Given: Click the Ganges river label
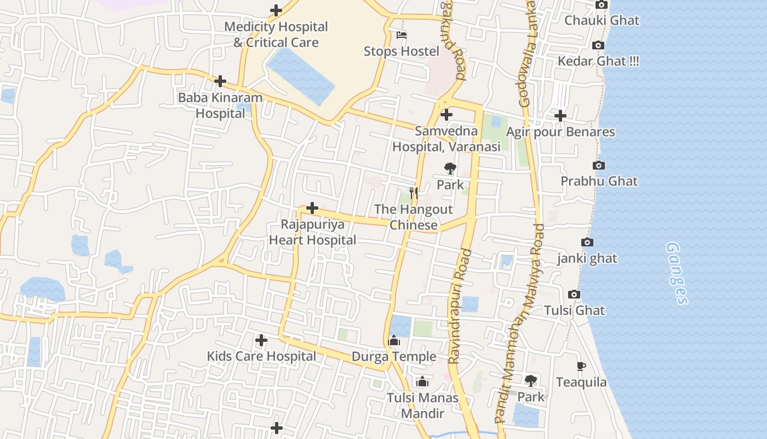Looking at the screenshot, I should pos(677,273).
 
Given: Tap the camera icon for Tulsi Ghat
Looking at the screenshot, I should pos(574,295).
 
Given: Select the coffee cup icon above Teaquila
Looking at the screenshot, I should pos(581,366).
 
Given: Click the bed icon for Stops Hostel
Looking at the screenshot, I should pos(402,36).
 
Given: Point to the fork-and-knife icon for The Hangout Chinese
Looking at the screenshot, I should pos(414,193).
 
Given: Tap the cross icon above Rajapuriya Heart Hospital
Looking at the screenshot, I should pos(312,208).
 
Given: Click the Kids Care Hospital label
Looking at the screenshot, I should pos(261,356).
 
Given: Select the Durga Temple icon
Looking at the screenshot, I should pos(394,341).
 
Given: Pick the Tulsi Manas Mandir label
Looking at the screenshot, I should pos(422,405).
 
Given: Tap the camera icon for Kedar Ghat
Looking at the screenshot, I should pos(598,46).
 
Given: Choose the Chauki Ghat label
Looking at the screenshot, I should pos(602,21).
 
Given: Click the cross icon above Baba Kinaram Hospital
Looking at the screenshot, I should pos(220,81).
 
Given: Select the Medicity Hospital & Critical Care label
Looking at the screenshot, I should pos(276,34).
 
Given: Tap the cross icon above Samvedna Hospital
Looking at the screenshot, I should pos(447,115).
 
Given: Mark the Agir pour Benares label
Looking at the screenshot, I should pos(560,132).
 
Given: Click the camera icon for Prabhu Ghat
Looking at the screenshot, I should pos(599,166).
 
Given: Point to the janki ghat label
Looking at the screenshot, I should pos(587,258).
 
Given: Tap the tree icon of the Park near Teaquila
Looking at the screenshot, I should pos(530,380).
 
